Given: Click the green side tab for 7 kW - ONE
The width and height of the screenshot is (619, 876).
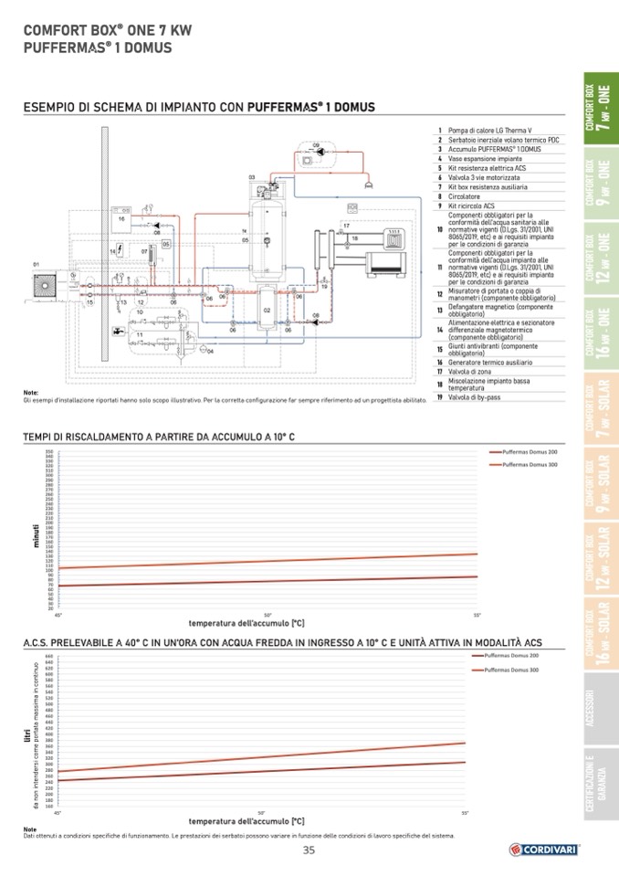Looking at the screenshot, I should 600,109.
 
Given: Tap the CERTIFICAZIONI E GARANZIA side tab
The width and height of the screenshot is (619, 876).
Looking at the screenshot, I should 600,784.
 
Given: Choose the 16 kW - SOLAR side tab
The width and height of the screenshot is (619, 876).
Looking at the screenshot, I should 600,634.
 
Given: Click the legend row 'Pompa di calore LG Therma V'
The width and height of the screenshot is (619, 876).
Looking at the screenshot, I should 492,132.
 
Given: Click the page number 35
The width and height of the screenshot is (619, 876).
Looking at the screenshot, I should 309,850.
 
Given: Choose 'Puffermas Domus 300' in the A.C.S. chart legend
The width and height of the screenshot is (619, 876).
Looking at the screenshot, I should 511,670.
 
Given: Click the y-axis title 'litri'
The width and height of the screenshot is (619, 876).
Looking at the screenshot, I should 26,734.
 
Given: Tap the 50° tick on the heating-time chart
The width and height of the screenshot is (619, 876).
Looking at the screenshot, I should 268,615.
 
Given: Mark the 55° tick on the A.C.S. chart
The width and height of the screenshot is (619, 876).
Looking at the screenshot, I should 465,812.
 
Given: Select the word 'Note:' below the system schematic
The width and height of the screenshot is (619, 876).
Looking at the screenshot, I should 31,393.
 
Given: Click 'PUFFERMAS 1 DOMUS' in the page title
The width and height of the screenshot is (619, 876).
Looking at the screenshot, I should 97,47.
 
